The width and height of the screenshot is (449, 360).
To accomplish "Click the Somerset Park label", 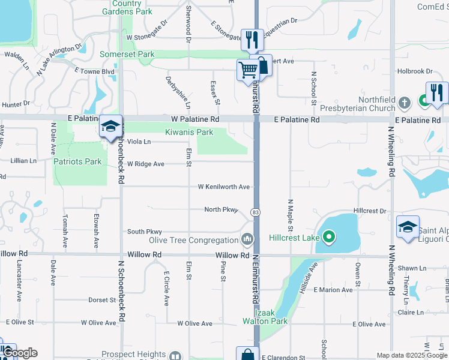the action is (x=127, y=55).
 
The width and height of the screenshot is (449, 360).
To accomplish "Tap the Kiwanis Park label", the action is (x=189, y=132).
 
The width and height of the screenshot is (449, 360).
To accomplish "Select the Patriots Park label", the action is (x=77, y=161).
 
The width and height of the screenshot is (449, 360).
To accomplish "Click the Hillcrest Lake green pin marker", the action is (x=328, y=238).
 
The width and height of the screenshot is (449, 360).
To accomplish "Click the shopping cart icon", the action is (x=249, y=70).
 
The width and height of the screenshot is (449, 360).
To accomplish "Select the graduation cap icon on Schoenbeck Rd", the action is (x=111, y=127).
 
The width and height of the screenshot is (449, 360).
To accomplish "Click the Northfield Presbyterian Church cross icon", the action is (x=406, y=102).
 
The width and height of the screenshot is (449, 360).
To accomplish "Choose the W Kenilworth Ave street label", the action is (x=224, y=187).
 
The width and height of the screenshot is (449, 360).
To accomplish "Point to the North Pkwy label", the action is (x=221, y=209).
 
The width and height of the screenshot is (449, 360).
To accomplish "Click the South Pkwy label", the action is (x=145, y=232).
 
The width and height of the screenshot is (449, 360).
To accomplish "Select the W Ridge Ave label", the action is (x=146, y=164).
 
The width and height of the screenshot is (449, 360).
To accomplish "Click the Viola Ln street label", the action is (x=139, y=142).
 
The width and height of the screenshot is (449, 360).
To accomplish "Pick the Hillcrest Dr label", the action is (x=370, y=211).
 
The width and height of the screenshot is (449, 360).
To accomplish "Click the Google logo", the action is (x=19, y=353).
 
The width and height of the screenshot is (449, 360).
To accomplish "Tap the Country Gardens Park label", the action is (x=127, y=7).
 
